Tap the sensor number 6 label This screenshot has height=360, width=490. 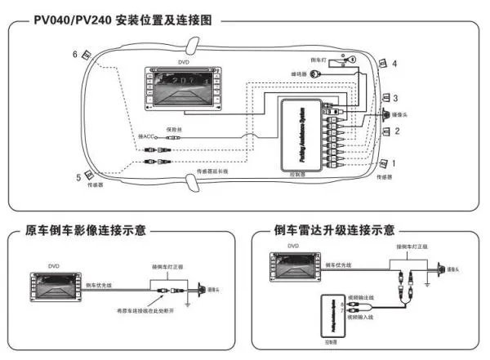click(x=75, y=54)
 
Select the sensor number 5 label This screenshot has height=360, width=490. click(x=79, y=176)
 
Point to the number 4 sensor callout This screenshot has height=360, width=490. click(x=394, y=63)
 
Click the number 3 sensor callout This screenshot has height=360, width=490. click(x=396, y=98)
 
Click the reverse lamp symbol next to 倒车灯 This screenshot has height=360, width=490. click(x=349, y=60)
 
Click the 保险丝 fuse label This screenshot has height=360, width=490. click(x=174, y=129)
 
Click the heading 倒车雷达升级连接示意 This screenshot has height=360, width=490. click(x=336, y=231)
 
